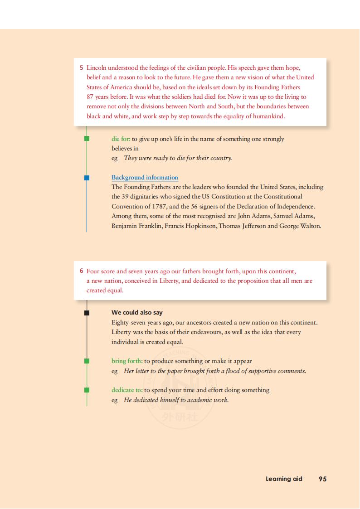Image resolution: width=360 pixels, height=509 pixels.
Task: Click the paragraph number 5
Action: (x=82, y=68)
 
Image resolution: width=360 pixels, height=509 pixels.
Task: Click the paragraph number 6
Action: (x=82, y=271)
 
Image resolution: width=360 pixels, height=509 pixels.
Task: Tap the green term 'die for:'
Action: (x=121, y=139)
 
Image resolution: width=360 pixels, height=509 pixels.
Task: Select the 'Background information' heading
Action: (x=145, y=177)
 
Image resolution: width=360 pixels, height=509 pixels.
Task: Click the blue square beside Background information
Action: (x=87, y=178)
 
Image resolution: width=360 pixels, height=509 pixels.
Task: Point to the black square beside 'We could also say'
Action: (x=87, y=313)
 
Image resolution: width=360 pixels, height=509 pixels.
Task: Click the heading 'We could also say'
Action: (x=137, y=312)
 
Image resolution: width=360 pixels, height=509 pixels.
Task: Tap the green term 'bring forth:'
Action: (x=127, y=361)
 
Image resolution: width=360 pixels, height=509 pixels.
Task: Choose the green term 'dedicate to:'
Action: (x=127, y=390)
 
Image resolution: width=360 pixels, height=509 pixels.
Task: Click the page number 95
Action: (x=322, y=479)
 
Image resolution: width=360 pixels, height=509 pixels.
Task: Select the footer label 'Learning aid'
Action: (x=284, y=479)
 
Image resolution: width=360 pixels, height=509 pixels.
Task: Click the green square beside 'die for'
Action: (x=87, y=139)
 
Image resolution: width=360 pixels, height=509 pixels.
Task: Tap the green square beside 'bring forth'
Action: (x=87, y=361)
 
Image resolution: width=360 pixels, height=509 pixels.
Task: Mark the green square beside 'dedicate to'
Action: (x=87, y=390)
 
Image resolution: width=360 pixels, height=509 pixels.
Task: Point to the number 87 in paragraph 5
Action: (x=90, y=97)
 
